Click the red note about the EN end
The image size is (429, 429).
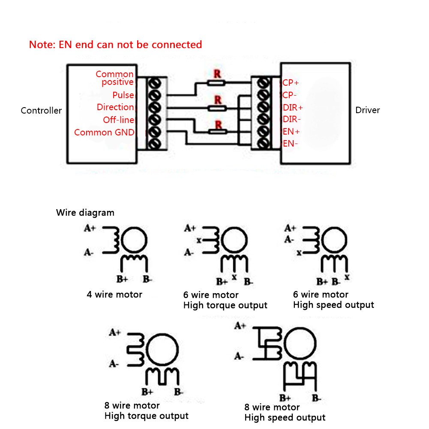[x=115, y=45]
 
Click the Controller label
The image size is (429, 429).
[x=41, y=111]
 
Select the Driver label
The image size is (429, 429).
[x=367, y=110]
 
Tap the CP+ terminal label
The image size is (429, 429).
[x=291, y=83]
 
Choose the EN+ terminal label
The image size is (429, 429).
[x=291, y=132]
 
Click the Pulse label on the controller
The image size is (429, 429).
[x=123, y=95]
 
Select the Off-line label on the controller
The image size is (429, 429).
[x=118, y=120]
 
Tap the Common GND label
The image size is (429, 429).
[x=104, y=132]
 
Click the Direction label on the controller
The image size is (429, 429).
[x=115, y=107]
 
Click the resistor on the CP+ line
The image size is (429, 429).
[x=216, y=83]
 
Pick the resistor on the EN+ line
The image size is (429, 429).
[x=218, y=132]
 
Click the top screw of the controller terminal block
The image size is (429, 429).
[x=154, y=83]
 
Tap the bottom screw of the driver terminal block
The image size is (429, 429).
[x=263, y=143]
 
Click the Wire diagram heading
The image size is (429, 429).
[x=85, y=213]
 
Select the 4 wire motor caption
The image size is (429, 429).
[x=114, y=294]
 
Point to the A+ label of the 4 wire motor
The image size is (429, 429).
[x=90, y=228]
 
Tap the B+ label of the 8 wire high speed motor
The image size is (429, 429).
[x=285, y=398]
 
